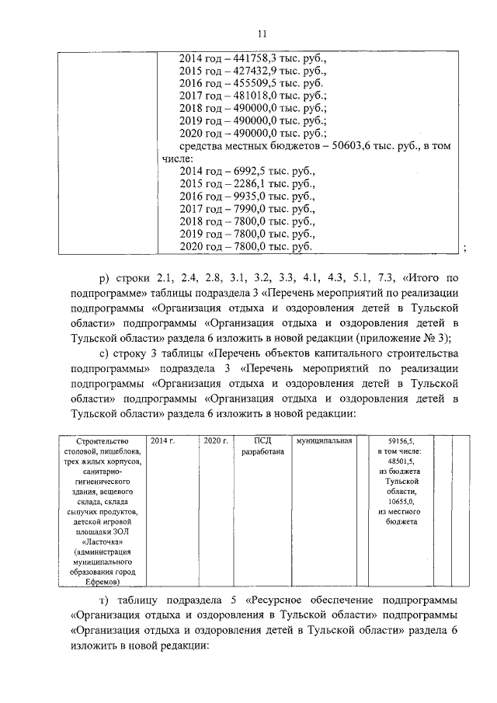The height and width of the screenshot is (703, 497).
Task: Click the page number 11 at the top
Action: (x=262, y=33)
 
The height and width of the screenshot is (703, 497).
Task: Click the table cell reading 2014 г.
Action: (x=162, y=440)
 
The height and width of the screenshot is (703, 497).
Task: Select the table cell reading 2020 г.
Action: (x=214, y=440)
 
